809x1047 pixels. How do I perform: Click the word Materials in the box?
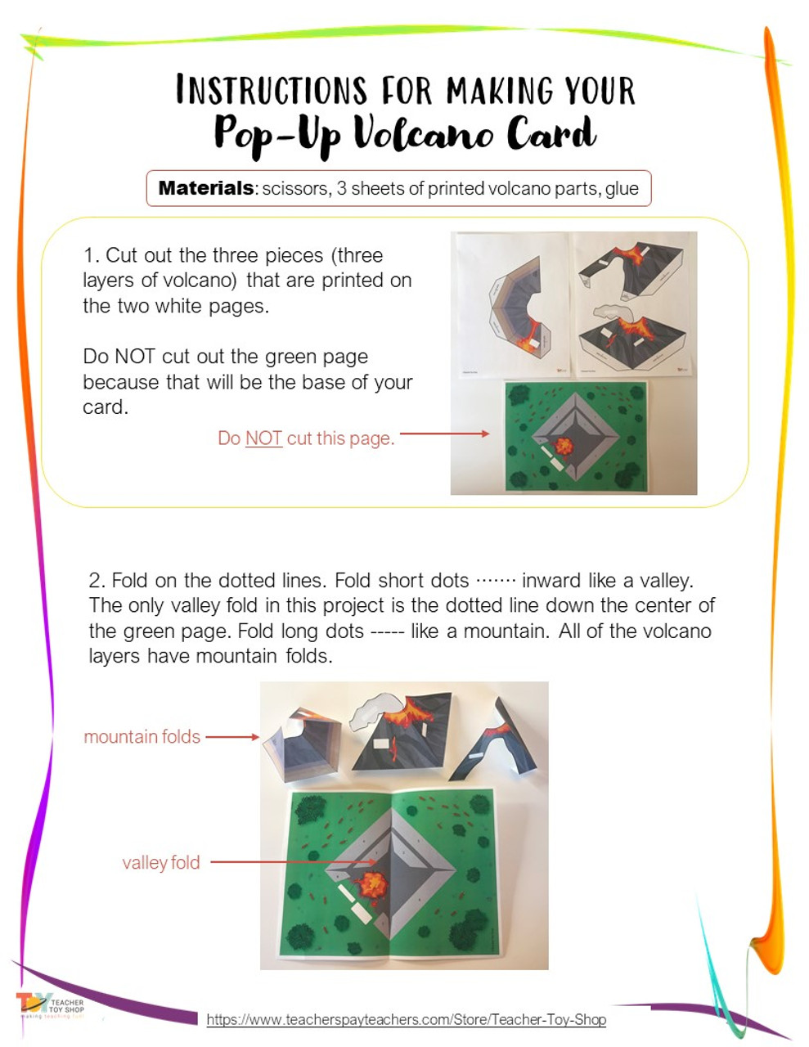(205, 188)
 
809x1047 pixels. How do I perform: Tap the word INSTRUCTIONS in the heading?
(271, 90)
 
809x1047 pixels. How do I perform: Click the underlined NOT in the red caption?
(263, 438)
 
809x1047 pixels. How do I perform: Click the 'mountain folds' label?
(142, 737)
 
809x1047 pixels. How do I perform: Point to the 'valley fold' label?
(161, 863)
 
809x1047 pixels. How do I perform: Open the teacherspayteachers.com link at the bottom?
(406, 1020)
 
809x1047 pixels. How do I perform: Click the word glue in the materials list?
(622, 189)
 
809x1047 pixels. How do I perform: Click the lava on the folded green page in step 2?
(372, 884)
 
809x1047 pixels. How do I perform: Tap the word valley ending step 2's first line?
(666, 581)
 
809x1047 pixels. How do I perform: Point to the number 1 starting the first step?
(88, 255)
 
